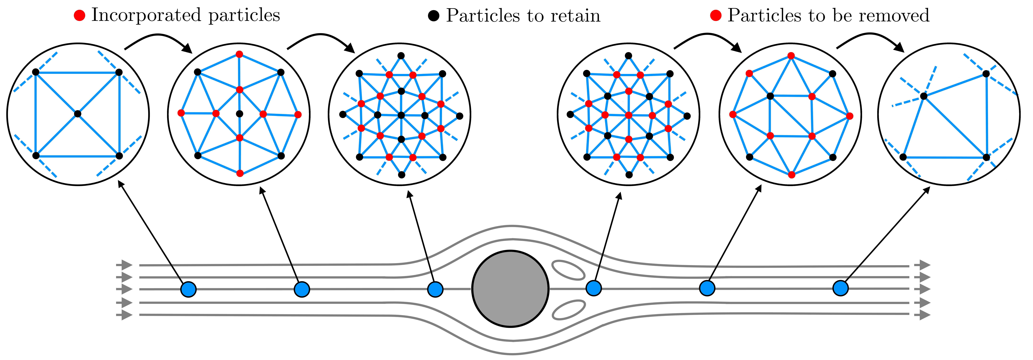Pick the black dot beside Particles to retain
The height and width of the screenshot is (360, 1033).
point(433,16)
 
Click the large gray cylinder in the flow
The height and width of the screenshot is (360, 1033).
point(510,289)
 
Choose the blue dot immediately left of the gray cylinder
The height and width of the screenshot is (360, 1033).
point(435,289)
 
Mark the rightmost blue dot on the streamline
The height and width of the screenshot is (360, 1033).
point(841,288)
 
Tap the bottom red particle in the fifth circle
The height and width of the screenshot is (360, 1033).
point(792,175)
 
